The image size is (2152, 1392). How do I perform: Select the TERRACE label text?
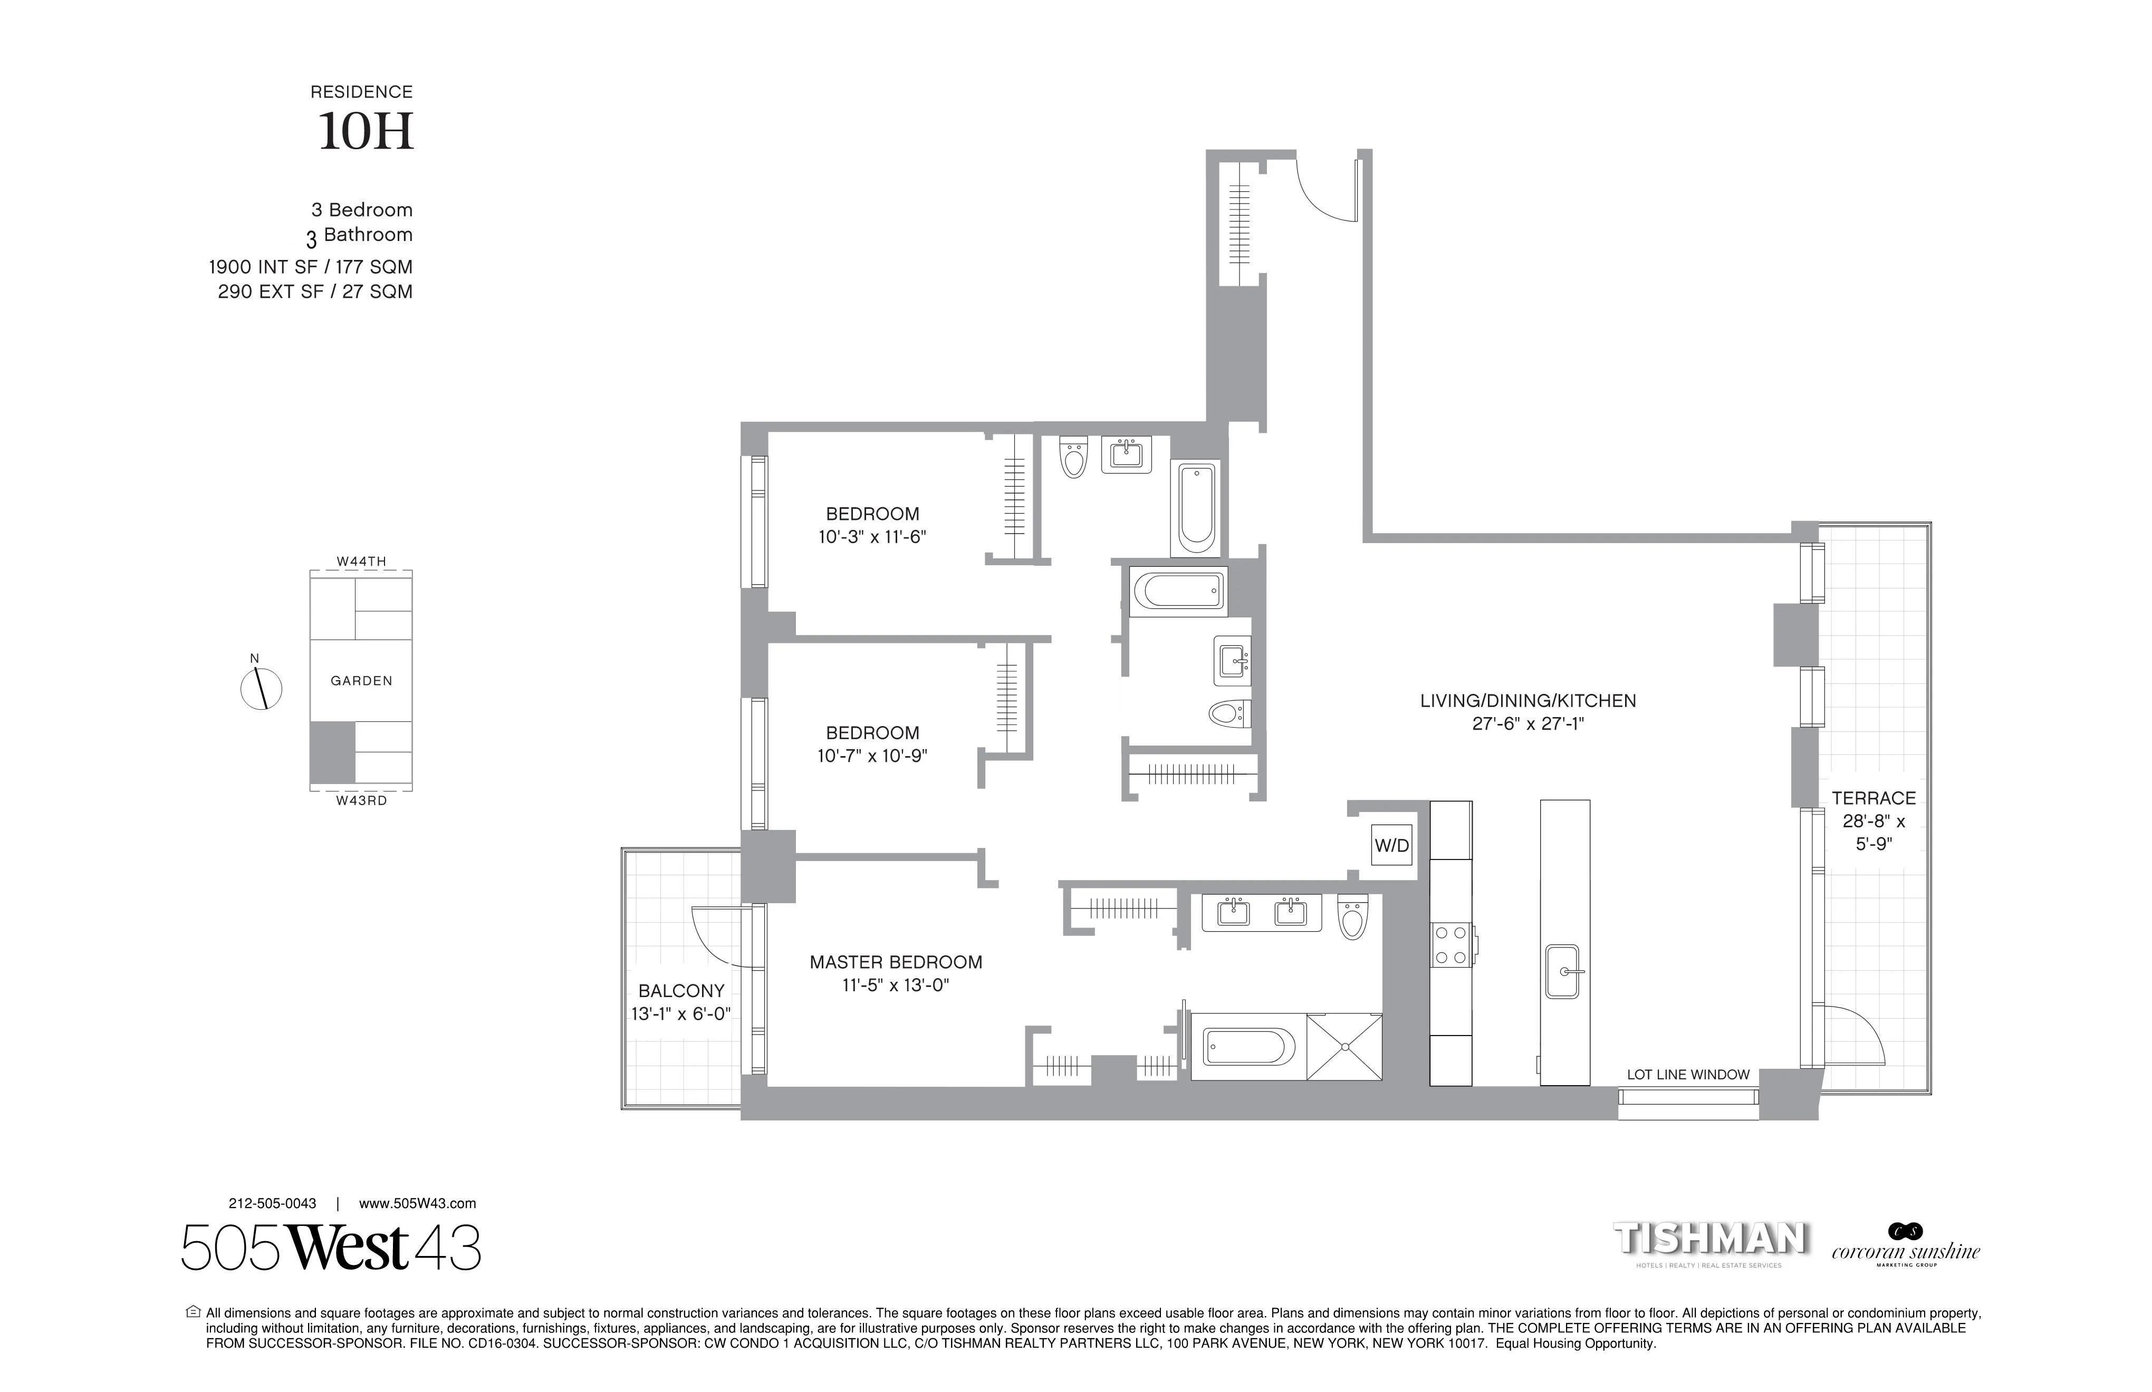click(x=1874, y=798)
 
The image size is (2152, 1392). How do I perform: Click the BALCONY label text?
click(x=681, y=991)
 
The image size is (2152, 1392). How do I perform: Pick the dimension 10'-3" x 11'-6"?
click(x=872, y=537)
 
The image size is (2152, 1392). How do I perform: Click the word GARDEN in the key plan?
click(x=362, y=681)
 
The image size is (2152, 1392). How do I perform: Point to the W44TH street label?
click(x=362, y=562)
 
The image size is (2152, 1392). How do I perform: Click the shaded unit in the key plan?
click(x=332, y=752)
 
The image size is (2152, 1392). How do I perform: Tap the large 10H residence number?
click(x=366, y=132)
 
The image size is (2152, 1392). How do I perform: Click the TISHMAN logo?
click(x=1711, y=1239)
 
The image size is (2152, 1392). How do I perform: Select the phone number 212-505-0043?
click(x=272, y=1204)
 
